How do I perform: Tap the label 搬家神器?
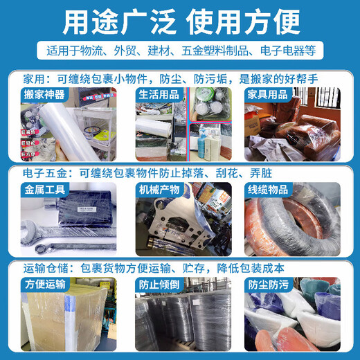(x=49, y=93)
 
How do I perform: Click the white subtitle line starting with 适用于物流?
(x=179, y=51)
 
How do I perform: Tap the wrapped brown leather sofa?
(x=305, y=135)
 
